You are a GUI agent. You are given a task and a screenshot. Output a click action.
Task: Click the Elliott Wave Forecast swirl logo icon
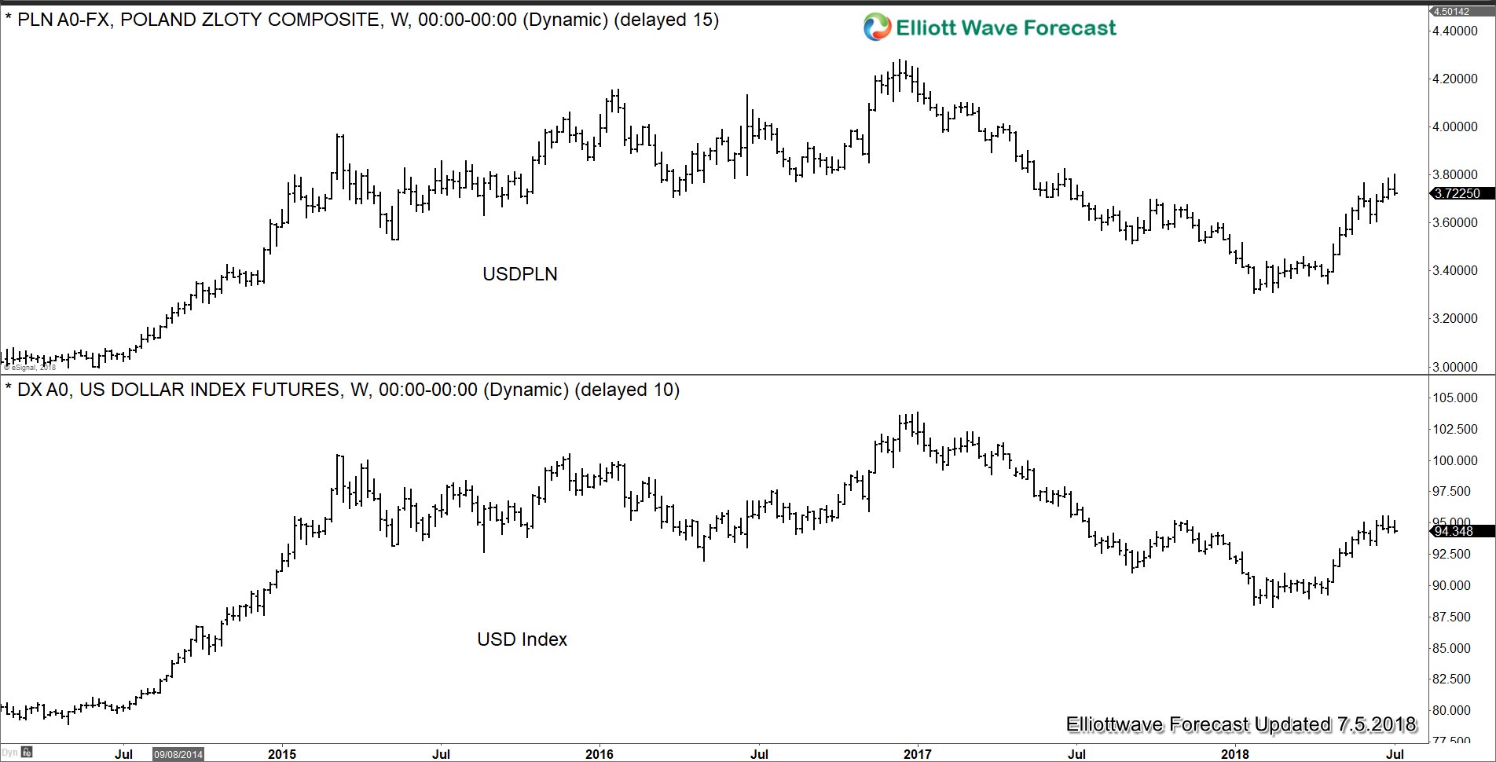click(x=876, y=27)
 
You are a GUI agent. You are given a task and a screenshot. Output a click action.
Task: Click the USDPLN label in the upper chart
click(x=519, y=274)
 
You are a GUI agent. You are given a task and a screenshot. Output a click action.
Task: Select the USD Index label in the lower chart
click(x=522, y=639)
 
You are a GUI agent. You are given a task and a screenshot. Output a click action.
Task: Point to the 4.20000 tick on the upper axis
click(x=1455, y=79)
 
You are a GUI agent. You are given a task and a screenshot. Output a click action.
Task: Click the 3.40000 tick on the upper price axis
click(x=1455, y=270)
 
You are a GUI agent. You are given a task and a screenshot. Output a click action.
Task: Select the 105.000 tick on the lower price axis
click(x=1455, y=397)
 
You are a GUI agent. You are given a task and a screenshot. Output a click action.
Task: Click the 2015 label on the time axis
click(x=282, y=754)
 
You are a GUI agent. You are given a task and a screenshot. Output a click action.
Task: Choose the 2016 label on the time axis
click(x=599, y=754)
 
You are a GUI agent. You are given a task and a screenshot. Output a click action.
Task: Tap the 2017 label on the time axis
click(x=917, y=754)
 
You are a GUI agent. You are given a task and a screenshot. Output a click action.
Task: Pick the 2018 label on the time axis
click(x=1234, y=754)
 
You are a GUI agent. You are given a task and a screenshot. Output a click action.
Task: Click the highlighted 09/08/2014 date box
click(x=178, y=754)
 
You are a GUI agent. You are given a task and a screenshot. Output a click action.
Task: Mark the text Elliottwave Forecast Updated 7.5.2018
click(x=1241, y=724)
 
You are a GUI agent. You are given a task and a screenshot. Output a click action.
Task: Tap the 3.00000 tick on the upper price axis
click(x=1455, y=367)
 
